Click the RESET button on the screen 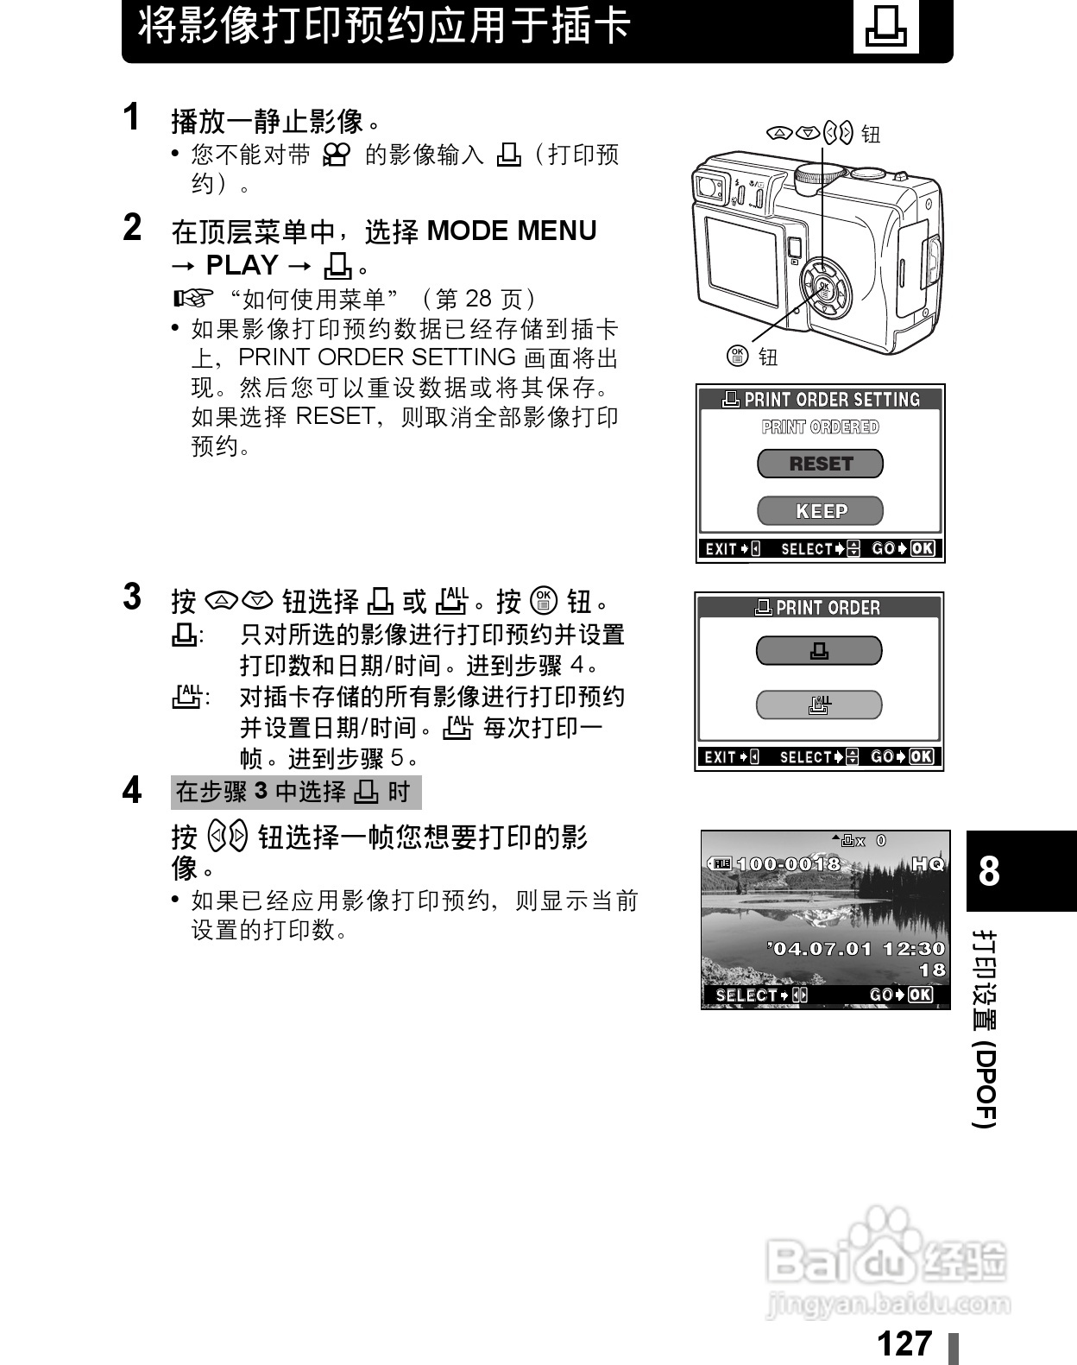[820, 464]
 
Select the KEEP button [820, 511]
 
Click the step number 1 [132, 117]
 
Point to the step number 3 [132, 597]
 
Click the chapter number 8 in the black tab [989, 871]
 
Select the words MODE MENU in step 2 [512, 231]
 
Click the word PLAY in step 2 [242, 265]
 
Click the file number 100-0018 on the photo [787, 863]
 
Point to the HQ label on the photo [928, 863]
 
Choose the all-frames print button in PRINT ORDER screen [819, 705]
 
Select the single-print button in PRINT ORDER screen [819, 651]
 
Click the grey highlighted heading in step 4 [295, 792]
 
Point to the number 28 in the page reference [477, 300]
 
